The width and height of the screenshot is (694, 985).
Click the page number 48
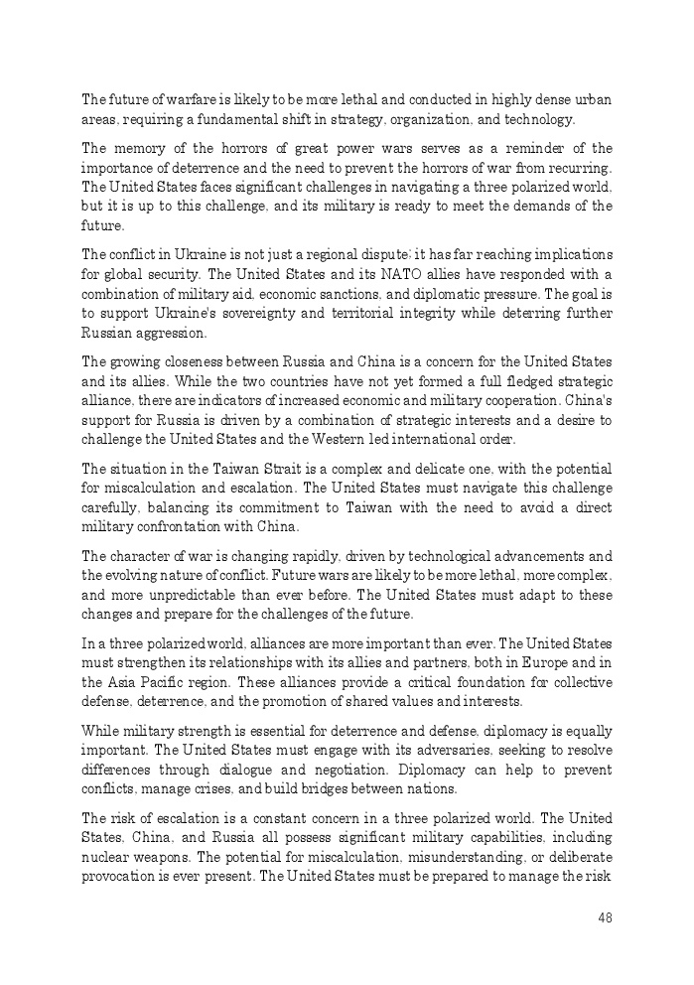tap(605, 917)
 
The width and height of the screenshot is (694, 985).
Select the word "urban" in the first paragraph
tap(593, 99)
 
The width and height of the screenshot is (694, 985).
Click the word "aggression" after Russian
tap(168, 332)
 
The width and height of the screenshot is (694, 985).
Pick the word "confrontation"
tap(181, 526)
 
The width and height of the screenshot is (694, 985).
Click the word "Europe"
tap(530, 662)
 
